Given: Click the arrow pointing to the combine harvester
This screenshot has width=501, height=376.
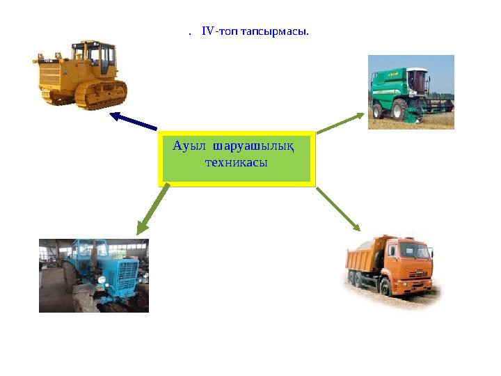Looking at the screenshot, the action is (340, 123).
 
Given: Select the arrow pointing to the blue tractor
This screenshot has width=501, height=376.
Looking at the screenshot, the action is (152, 210).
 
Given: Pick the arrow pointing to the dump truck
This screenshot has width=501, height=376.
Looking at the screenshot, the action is (338, 209).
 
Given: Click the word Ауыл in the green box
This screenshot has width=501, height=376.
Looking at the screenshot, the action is (189, 146).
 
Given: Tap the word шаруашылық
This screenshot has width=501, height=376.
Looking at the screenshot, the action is (253, 147).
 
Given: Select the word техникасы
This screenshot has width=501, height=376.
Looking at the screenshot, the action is (236, 162).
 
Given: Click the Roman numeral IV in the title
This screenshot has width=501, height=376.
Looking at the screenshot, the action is (208, 31).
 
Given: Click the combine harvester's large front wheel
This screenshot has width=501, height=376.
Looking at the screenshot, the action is (399, 109).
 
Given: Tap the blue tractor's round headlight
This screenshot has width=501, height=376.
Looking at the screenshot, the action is (102, 280).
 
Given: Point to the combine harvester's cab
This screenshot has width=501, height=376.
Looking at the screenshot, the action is (417, 80).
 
